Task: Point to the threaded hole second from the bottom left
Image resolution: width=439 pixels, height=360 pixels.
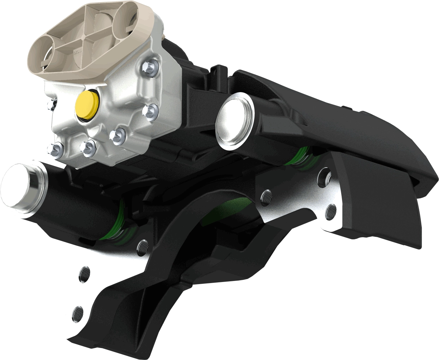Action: click(x=84, y=274)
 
